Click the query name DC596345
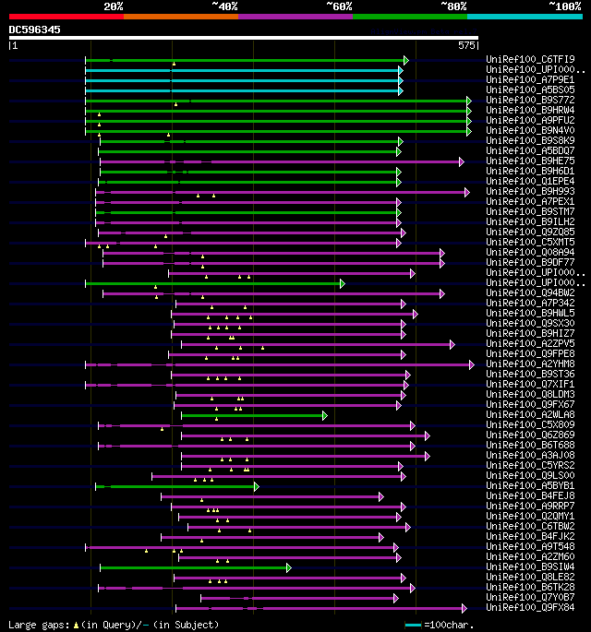35,30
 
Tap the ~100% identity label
564,6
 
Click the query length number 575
467,44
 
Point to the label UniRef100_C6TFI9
530,60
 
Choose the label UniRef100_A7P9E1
530,80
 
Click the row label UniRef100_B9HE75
530,161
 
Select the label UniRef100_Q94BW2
530,293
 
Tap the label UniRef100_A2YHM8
530,364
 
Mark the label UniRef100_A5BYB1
530,486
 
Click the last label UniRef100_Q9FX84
530,608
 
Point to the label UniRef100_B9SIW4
530,567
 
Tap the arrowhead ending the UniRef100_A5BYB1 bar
256,486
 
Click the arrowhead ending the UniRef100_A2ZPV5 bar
452,344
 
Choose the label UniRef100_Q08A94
530,253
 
